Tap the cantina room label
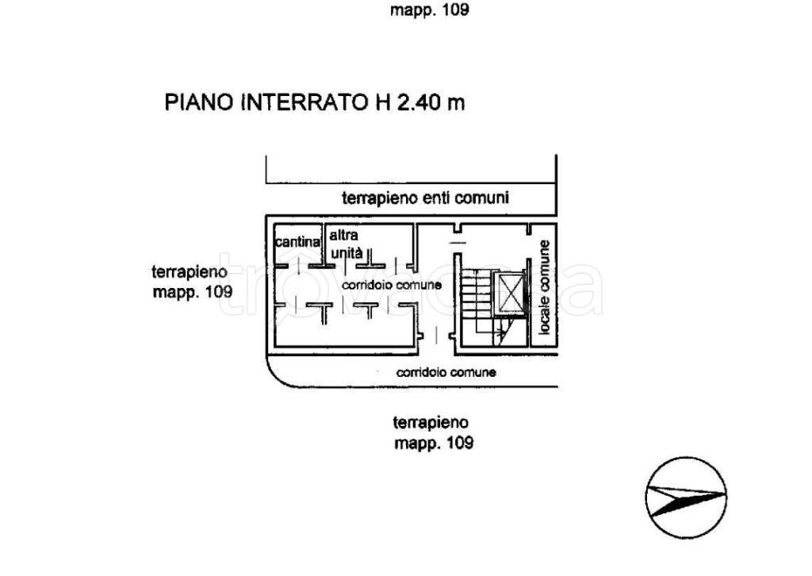[x=297, y=241]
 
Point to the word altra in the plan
[x=344, y=236]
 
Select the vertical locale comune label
[x=545, y=286]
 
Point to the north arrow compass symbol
[x=685, y=498]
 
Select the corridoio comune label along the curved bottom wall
[x=446, y=371]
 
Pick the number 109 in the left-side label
[x=217, y=291]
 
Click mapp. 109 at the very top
[x=430, y=10]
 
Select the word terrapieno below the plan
[x=432, y=422]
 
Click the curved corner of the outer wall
[x=274, y=376]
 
